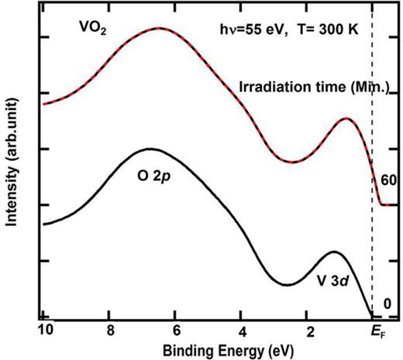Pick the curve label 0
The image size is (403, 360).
click(x=385, y=305)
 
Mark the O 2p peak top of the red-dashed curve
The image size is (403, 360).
click(x=159, y=29)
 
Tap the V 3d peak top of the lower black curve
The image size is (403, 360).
click(x=334, y=252)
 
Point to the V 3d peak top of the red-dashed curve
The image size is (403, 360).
click(x=346, y=119)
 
